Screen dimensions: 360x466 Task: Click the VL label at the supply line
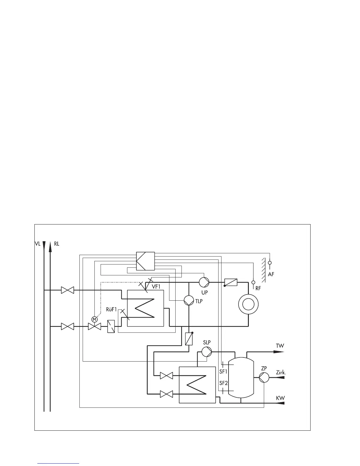(x=37, y=244)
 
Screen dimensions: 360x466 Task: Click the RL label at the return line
(x=57, y=244)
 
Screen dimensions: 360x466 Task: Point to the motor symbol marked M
(x=94, y=319)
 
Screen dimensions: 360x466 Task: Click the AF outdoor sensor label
(x=271, y=274)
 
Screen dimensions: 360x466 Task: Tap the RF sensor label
(x=258, y=289)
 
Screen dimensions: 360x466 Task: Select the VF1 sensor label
(x=156, y=286)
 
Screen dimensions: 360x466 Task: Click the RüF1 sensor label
(x=111, y=309)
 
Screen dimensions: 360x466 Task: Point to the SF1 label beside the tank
(x=224, y=371)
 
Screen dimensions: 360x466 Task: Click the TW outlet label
(x=280, y=346)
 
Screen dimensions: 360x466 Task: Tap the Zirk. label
(x=281, y=372)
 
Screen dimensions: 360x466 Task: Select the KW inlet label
(x=280, y=398)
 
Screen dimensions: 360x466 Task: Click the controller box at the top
(x=146, y=261)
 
